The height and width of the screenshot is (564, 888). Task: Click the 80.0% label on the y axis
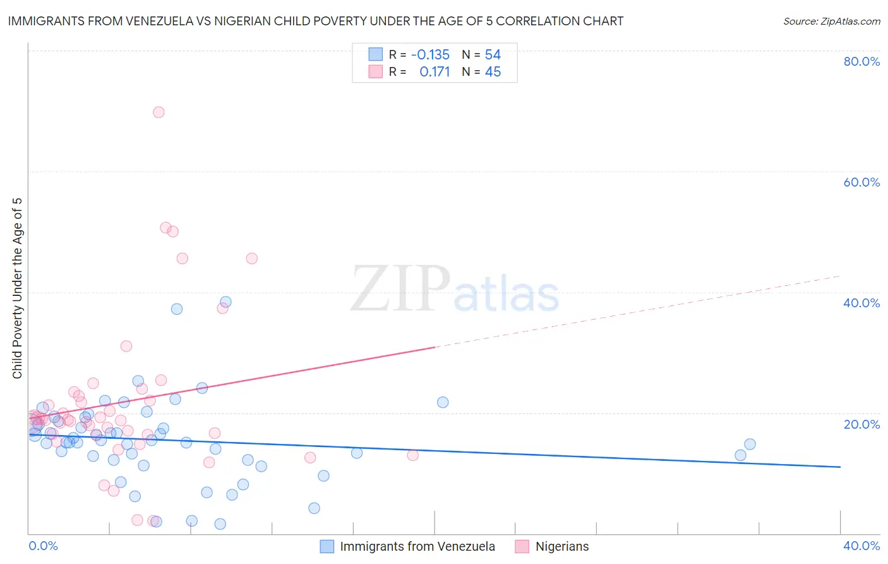861,61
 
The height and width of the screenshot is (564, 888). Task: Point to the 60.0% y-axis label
861,182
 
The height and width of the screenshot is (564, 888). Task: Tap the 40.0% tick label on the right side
861,303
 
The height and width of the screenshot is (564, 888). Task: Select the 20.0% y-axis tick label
861,424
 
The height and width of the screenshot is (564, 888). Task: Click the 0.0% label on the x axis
43,546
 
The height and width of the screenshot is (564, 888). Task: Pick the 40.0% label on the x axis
861,546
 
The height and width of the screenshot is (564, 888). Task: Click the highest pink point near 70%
159,112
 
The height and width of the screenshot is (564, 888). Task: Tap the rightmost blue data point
750,444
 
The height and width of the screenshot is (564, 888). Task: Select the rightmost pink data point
412,455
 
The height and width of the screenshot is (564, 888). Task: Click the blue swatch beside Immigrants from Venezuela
327,546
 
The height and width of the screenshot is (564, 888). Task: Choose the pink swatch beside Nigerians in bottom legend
522,546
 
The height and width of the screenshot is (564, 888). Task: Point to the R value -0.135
430,55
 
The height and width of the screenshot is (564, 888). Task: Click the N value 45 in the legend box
493,72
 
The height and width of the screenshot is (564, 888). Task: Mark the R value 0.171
435,72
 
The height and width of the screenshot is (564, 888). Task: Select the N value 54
493,55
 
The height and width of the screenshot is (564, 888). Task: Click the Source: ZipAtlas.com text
831,21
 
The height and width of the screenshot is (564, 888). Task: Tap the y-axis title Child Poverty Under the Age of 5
17,288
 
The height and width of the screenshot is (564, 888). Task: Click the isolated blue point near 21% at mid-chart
443,402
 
